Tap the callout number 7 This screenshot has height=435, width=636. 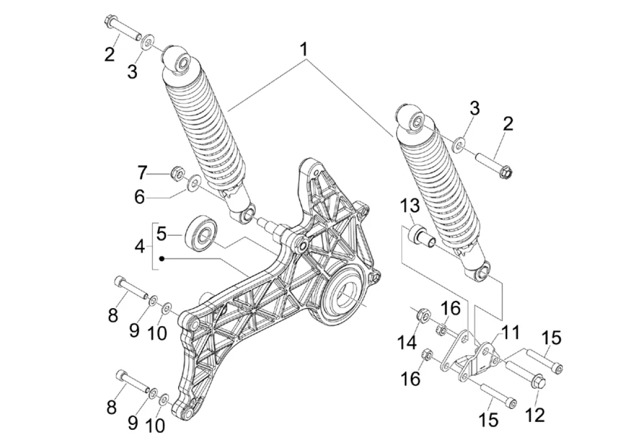coord(141,173)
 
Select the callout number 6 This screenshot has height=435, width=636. coord(140,198)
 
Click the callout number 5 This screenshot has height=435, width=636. coord(161,234)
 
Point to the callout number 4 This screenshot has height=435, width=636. coord(140,246)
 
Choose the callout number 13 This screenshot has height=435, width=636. coord(410,206)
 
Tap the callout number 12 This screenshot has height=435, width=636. coord(535,415)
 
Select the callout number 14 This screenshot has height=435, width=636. coord(407,343)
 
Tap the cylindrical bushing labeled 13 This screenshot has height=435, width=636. coord(422,237)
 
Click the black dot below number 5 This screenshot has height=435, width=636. coord(161,258)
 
